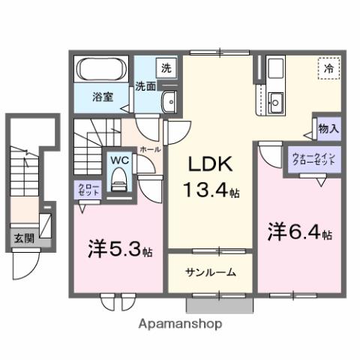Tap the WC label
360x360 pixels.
point(119,160)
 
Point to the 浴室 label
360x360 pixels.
point(103,96)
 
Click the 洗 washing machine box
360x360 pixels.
point(166,67)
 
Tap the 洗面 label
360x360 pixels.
point(145,86)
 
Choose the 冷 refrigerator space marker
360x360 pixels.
point(327,68)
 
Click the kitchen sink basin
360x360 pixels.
point(274,99)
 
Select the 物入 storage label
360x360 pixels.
point(328,129)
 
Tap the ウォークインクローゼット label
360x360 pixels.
point(315,159)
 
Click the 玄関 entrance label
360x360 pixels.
point(23,239)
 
